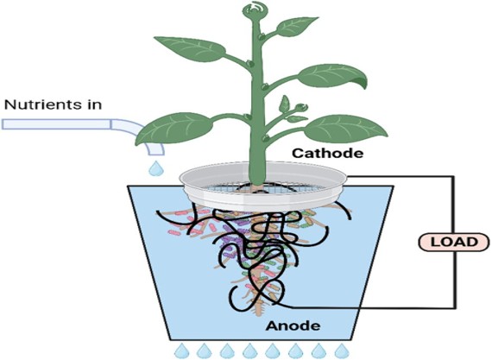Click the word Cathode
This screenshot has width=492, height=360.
pyautogui.click(x=328, y=153)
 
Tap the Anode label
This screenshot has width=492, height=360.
pyautogui.click(x=293, y=325)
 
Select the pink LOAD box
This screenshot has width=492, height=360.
pyautogui.click(x=454, y=242)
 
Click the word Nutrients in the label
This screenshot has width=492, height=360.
pyautogui.click(x=40, y=104)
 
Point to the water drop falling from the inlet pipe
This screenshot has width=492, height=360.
pyautogui.click(x=155, y=168)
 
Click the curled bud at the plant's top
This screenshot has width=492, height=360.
pyautogui.click(x=252, y=11)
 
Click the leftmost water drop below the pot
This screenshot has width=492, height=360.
pyautogui.click(x=181, y=351)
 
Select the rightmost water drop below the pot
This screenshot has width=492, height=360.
pyautogui.click(x=342, y=351)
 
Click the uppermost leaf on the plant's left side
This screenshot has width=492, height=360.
pyautogui.click(x=190, y=48)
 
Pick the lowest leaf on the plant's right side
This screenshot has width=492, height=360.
pyautogui.click(x=345, y=129)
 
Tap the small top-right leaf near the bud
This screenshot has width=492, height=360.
pyautogui.click(x=297, y=26)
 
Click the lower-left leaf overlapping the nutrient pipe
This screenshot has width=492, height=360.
pyautogui.click(x=174, y=129)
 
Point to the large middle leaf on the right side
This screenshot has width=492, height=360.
pyautogui.click(x=332, y=76)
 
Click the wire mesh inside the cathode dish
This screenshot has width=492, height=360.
pyautogui.click(x=263, y=187)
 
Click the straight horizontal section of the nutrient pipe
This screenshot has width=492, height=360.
pyautogui.click(x=56, y=124)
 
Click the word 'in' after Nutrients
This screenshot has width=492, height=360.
pyautogui.click(x=92, y=104)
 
